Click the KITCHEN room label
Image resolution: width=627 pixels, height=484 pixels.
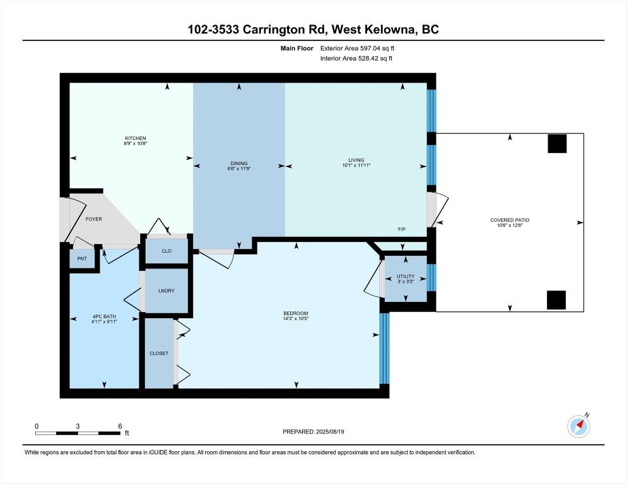pos(136,139)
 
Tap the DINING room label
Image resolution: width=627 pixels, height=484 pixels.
pos(238,163)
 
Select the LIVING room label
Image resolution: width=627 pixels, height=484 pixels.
pos(356,160)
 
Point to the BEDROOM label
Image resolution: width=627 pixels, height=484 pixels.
pos(295,313)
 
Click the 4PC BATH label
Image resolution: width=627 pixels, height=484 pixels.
pos(104,316)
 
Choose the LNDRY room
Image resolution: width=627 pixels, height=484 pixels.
pos(167,291)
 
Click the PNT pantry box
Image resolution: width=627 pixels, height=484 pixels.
pos(82,259)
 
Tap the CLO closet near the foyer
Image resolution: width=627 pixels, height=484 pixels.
pos(167,251)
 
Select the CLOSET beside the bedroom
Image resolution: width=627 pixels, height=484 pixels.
pos(159,354)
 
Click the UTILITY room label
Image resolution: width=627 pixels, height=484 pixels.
pos(406,276)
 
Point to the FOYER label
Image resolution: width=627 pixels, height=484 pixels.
pos(94,219)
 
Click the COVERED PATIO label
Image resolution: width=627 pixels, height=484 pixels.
pos(510,220)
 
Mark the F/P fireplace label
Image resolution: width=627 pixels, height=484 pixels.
pos(401,229)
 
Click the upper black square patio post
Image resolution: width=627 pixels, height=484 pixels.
pos(557,144)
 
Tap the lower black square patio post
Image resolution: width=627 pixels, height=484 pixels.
pos(556,300)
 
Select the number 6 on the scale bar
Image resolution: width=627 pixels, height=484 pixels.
pos(119,426)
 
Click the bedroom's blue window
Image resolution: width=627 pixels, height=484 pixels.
pos(384,349)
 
